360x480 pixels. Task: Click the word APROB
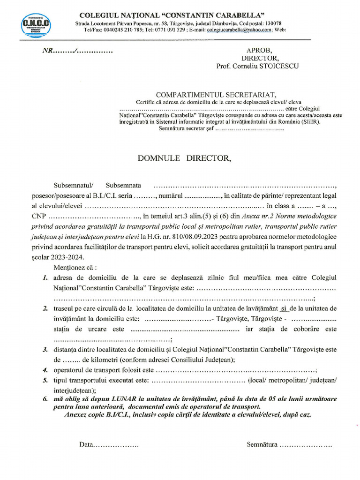point(259,51)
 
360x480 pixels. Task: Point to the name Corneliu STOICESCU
point(269,66)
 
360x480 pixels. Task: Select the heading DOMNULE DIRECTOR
point(184,158)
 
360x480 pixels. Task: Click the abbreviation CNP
point(39,217)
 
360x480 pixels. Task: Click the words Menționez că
point(75,268)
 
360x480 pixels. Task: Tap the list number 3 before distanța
point(45,350)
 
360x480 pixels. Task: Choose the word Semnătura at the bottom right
point(262,444)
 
